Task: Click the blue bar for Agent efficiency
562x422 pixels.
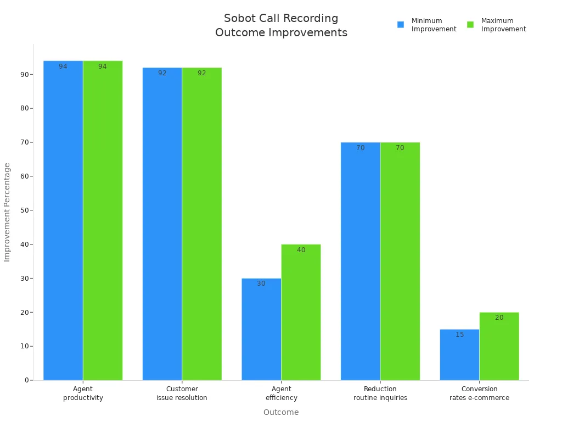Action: pyautogui.click(x=261, y=329)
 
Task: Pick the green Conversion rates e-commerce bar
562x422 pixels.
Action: pyautogui.click(x=499, y=346)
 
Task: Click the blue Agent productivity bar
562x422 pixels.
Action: pyautogui.click(x=63, y=220)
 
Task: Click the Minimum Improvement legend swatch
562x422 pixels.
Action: pyautogui.click(x=401, y=25)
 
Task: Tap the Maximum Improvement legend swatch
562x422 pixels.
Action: pyautogui.click(x=470, y=25)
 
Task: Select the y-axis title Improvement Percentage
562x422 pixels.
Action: pyautogui.click(x=7, y=212)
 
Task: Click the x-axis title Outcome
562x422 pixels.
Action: pyautogui.click(x=281, y=412)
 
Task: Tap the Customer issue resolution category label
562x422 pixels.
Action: pyautogui.click(x=182, y=393)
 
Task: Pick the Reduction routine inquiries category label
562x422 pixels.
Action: pyautogui.click(x=380, y=393)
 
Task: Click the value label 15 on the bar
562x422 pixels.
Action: pyautogui.click(x=459, y=335)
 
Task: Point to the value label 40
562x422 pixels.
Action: pyautogui.click(x=301, y=250)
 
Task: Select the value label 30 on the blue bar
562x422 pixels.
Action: pyautogui.click(x=261, y=284)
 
